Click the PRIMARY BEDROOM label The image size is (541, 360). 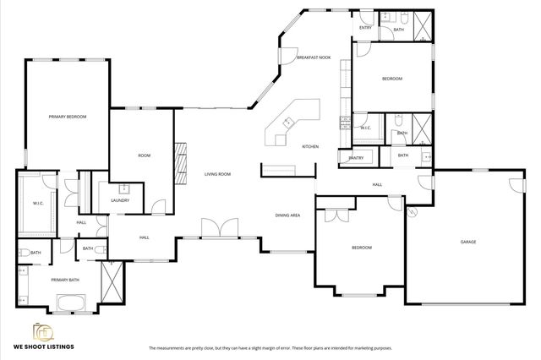coord(67,116)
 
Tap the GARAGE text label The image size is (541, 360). coord(467,242)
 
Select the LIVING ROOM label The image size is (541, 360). coord(217,174)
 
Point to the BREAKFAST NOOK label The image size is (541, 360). coord(313,57)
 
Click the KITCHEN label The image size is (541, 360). coord(310,147)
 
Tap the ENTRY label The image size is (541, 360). coord(365,28)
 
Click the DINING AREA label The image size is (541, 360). coord(287,215)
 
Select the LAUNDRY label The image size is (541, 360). coord(120,200)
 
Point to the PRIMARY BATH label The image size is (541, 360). coord(64,280)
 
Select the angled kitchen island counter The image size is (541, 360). coord(292,123)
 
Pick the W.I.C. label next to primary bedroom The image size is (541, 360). coord(38,203)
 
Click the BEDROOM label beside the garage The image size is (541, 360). coord(362,248)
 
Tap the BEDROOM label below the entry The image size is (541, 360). coord(391,79)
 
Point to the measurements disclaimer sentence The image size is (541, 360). coord(270,347)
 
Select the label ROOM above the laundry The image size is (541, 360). coord(144,155)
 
